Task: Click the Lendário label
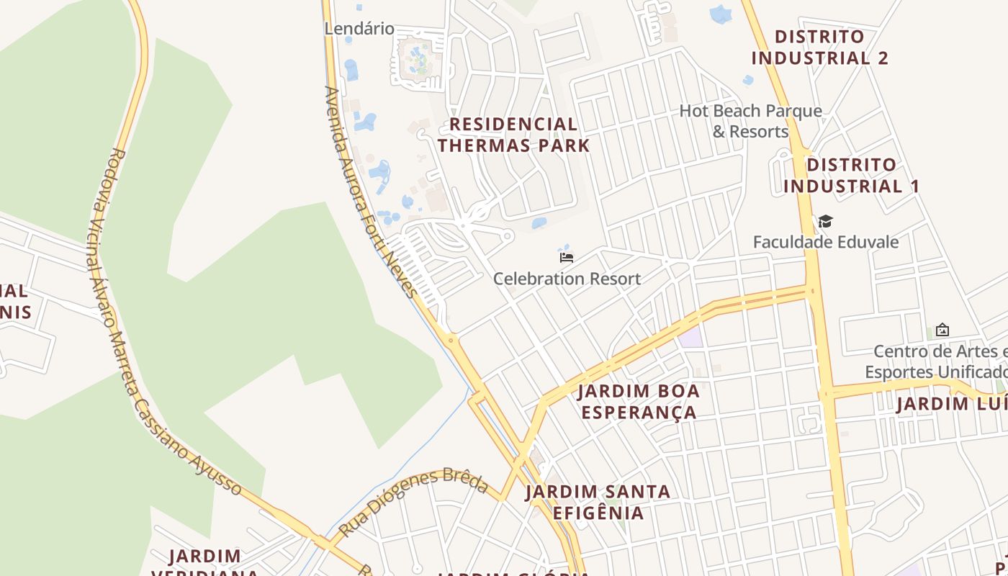tap(359, 29)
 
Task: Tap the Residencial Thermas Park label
tap(513, 135)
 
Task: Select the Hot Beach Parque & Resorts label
tap(751, 121)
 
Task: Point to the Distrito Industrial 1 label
tap(851, 176)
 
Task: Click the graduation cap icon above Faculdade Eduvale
tap(825, 221)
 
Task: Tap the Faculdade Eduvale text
tap(826, 242)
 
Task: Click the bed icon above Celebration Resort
tap(567, 257)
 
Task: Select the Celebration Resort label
tap(567, 279)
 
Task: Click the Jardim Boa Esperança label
tap(639, 402)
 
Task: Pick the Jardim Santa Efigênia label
tap(598, 502)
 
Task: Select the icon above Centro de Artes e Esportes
tap(942, 330)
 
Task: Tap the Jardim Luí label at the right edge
tap(950, 403)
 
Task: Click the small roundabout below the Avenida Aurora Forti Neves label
tap(451, 338)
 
